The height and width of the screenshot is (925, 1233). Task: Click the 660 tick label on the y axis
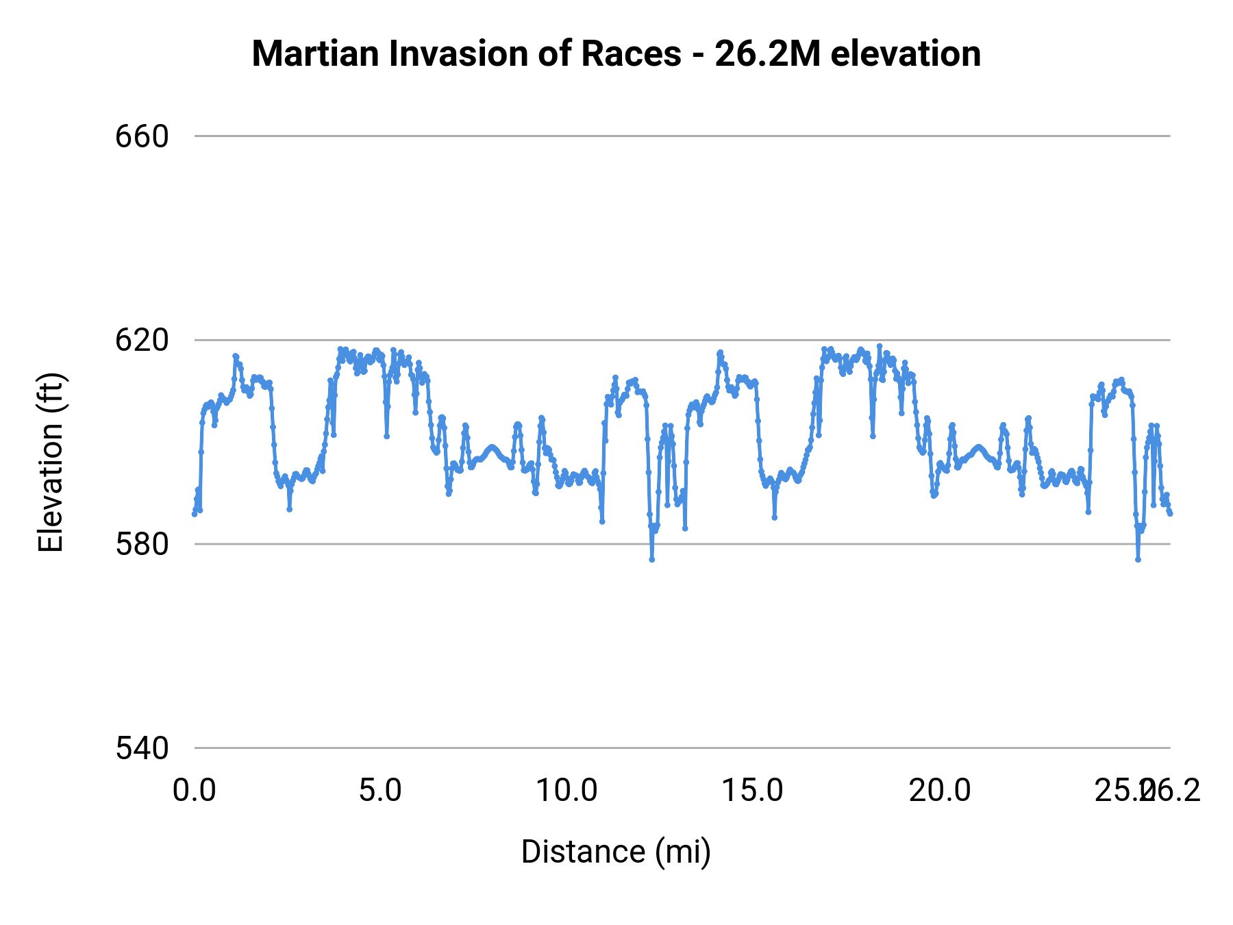pos(142,136)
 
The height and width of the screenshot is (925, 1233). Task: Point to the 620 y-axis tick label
pos(142,340)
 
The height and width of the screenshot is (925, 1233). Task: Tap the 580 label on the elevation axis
pos(142,544)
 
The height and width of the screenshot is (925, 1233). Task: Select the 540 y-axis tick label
pos(142,748)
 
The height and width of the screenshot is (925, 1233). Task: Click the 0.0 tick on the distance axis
pos(195,791)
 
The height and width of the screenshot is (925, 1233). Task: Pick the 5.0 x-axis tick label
pos(381,791)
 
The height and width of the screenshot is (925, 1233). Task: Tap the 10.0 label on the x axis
pos(566,791)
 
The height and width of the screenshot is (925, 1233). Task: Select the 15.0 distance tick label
pos(753,791)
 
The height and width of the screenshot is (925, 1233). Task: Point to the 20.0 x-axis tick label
pos(939,791)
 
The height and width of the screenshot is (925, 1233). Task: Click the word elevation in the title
pos(906,54)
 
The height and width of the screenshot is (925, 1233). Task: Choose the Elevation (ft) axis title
pos(51,463)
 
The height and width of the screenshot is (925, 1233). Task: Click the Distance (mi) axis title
pos(616,852)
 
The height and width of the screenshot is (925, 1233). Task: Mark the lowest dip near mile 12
pos(652,559)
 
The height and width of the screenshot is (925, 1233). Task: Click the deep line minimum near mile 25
pos(1138,559)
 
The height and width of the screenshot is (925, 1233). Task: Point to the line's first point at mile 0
pos(195,514)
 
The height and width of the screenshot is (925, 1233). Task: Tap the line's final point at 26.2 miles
pos(1170,513)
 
